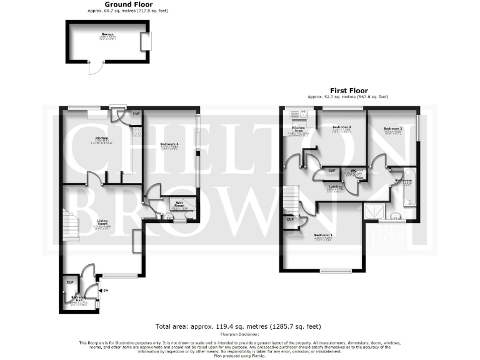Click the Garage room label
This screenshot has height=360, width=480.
(x=106, y=36)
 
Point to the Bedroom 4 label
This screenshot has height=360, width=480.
(x=169, y=145)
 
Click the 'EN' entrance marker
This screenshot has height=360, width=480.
(x=106, y=291)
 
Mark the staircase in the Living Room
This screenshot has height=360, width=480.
(x=71, y=224)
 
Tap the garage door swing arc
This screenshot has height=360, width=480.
(x=94, y=70)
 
